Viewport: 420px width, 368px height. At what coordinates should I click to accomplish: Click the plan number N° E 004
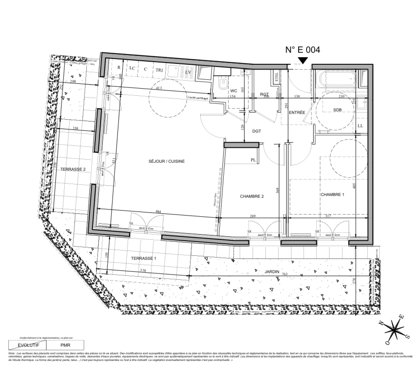click(302, 50)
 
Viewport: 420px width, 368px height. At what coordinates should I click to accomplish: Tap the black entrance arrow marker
click(302, 60)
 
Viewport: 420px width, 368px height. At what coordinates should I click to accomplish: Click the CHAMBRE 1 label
click(332, 195)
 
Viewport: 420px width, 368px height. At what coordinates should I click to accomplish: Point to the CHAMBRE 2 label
click(252, 196)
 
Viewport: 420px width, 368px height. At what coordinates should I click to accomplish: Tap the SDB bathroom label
click(337, 110)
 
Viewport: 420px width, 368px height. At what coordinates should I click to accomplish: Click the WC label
click(234, 91)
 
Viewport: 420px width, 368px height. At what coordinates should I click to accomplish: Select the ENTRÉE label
click(297, 112)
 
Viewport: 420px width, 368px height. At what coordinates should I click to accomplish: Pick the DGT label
click(256, 131)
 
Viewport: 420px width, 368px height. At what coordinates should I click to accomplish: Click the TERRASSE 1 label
click(143, 258)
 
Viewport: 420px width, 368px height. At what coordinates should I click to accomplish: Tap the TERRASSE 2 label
click(73, 169)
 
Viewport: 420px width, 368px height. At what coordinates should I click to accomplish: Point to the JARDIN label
click(272, 272)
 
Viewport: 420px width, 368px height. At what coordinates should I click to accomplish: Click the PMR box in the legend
click(65, 344)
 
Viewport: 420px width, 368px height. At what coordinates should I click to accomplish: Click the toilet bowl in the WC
click(223, 83)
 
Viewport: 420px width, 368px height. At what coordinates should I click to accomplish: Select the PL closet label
click(253, 160)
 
